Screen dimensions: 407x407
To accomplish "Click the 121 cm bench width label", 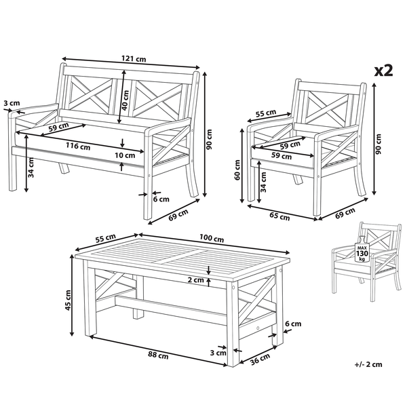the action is [134, 59].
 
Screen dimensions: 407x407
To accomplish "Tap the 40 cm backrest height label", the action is [125, 100].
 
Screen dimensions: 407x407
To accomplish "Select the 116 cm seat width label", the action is [78, 146].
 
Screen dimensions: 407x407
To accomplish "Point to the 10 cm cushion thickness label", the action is [125, 155].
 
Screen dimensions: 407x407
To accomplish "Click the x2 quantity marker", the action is [384, 71].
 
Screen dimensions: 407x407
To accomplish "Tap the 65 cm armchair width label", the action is [279, 216].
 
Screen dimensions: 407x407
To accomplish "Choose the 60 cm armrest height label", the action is [237, 170].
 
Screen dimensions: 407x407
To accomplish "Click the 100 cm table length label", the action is [212, 238].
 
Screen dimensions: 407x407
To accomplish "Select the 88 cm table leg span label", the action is [158, 355].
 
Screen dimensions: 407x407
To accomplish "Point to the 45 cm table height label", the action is [68, 301].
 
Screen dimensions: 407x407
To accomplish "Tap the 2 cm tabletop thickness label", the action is [196, 280].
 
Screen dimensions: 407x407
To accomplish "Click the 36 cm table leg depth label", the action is [260, 360].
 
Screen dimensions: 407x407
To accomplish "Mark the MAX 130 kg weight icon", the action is [362, 249].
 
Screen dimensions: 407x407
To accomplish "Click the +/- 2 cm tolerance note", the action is [368, 364].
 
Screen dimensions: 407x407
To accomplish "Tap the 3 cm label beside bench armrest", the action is [12, 103].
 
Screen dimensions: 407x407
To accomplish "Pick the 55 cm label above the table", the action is [105, 238].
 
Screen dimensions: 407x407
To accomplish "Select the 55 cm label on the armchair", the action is [266, 113].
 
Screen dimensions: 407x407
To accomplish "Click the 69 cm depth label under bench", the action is [178, 215].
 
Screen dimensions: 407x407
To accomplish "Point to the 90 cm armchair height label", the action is [379, 144].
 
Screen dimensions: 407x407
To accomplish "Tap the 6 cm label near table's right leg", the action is [293, 324].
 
